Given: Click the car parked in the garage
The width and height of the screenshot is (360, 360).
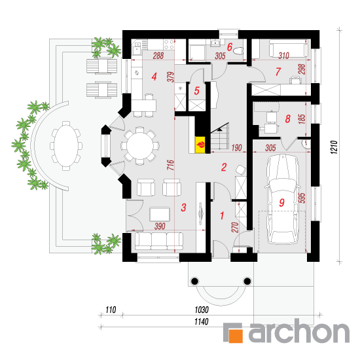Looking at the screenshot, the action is tap(282, 199).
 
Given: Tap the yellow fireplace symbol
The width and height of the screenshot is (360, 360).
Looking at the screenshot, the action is tap(200, 145).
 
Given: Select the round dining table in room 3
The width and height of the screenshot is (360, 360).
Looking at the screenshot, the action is tap(140, 145).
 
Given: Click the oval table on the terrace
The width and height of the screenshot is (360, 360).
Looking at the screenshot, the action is tap(66, 146).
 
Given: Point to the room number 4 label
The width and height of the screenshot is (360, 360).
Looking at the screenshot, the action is tap(154, 77).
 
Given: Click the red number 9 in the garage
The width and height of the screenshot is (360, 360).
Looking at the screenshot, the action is tap(281, 202).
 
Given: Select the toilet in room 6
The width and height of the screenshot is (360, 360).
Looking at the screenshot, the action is tap(238, 51).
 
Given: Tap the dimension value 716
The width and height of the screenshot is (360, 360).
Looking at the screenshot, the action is tap(171, 165).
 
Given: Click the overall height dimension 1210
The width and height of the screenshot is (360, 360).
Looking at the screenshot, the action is tap(334, 147).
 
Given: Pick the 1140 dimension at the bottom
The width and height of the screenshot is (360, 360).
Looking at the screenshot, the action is tap(202, 321).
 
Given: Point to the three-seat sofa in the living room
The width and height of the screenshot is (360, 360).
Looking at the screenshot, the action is tap(159, 241).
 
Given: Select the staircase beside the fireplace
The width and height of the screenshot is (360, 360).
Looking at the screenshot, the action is tap(220, 137).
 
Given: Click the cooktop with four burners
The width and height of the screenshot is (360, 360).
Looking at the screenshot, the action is tap(169, 44).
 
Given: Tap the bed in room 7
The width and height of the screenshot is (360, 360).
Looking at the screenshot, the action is tap(288, 48).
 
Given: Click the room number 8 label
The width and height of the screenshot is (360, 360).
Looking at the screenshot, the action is tap(288, 119).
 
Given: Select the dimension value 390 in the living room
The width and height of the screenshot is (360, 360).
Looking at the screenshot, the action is tap(160, 226).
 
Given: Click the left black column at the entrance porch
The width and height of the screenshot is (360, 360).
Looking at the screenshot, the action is tap(194, 281).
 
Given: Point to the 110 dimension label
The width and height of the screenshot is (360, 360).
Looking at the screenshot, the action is tap(111, 310).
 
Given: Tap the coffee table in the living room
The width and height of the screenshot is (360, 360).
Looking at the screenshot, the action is tap(160, 214).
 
